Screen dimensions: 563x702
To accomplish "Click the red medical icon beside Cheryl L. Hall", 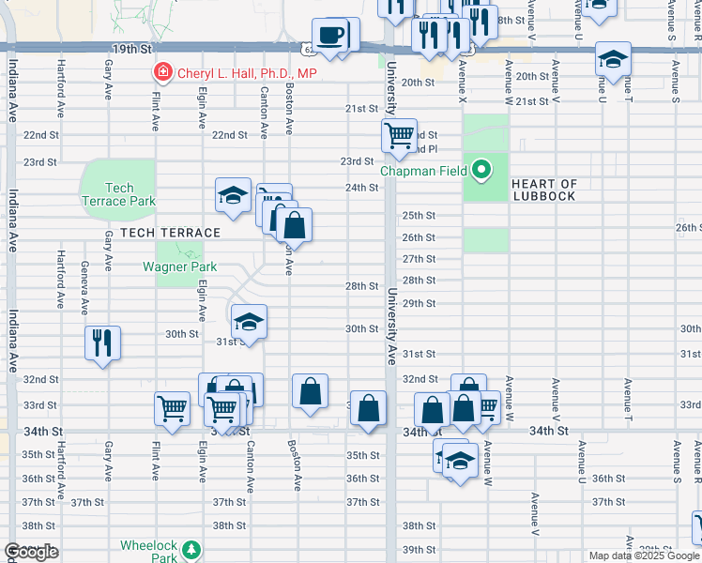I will click(163, 72).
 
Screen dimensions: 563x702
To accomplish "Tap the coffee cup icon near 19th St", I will click(328, 37).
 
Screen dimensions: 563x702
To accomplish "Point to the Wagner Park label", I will click(179, 267).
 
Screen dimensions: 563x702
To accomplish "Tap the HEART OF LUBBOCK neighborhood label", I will click(545, 190).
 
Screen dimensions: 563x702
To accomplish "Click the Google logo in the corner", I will click(31, 552).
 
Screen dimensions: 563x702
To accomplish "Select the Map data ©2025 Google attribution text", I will click(644, 555).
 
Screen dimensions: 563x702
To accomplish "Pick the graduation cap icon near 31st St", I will click(248, 321).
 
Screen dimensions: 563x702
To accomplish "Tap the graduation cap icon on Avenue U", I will click(613, 59).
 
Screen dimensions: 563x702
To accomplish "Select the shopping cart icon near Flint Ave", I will click(172, 407).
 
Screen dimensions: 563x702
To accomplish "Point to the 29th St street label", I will click(419, 304).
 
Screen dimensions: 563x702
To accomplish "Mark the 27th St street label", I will click(419, 259).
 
